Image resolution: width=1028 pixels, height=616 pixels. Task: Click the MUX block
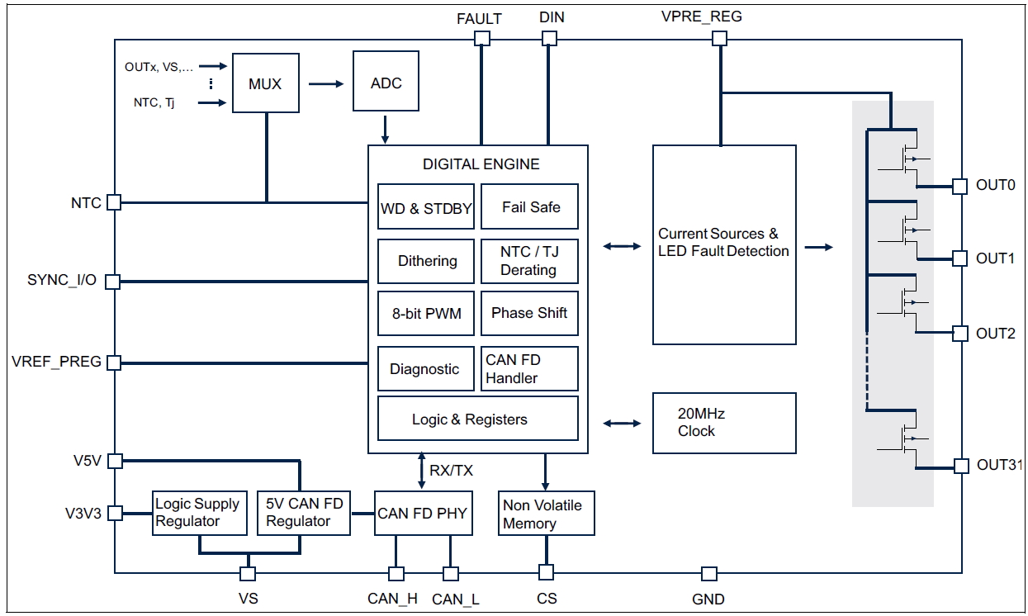(265, 83)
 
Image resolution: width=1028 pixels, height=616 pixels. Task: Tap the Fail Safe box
(529, 206)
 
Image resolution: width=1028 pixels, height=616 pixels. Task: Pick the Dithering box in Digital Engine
(426, 261)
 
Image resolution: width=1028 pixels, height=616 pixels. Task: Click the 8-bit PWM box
(426, 314)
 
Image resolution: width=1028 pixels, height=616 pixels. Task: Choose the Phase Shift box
(529, 313)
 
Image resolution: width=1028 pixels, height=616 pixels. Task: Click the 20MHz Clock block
(724, 423)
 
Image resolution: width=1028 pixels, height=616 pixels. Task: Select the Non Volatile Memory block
(546, 514)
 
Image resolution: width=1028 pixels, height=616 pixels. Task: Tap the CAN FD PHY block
(422, 514)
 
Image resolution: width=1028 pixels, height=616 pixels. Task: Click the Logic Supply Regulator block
(198, 513)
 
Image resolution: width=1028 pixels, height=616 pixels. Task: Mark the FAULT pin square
(482, 39)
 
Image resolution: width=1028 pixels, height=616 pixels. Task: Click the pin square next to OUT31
(960, 466)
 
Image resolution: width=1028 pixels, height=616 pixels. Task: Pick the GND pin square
(708, 573)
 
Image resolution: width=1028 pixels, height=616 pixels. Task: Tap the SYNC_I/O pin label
(61, 281)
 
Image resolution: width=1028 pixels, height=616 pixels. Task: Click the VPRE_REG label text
(701, 17)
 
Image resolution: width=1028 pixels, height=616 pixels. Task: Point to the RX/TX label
(451, 471)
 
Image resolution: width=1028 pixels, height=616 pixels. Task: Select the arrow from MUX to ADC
(325, 83)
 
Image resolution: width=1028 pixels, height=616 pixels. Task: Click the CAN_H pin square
(396, 573)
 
